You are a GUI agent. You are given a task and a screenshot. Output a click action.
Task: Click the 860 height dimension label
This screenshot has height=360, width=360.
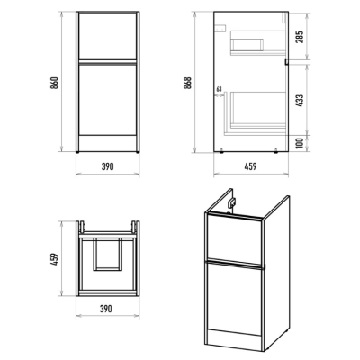click(x=54, y=83)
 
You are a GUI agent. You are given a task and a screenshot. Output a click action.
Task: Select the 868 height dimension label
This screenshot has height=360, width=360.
click(x=188, y=83)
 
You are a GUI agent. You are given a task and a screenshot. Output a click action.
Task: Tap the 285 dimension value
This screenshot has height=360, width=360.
click(x=300, y=37)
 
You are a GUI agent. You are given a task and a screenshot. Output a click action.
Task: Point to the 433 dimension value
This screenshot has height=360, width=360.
click(x=300, y=101)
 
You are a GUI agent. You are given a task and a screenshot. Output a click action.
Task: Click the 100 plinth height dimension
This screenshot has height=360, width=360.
click(x=300, y=144)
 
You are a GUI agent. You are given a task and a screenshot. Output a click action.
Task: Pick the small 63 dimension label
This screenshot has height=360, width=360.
click(x=219, y=89)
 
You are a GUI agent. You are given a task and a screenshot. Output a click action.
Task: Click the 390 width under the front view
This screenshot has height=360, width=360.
click(x=107, y=166)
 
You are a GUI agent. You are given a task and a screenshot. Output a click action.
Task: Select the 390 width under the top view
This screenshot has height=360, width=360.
click(x=105, y=309)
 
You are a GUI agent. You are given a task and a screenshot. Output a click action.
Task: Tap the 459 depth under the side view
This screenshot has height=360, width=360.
click(x=250, y=166)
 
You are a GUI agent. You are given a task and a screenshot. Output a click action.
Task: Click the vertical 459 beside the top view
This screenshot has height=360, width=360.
click(x=54, y=259)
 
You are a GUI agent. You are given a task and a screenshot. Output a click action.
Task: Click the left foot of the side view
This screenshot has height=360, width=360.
click(x=221, y=152)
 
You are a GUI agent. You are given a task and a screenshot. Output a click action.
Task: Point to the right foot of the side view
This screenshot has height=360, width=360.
click(x=276, y=152)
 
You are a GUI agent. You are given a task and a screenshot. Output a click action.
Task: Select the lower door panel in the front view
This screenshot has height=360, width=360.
click(x=108, y=99)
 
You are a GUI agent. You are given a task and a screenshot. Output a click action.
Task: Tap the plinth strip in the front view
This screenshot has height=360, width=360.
click(x=108, y=143)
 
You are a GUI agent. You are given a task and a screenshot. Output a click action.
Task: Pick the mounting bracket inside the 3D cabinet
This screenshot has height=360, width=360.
click(x=232, y=204)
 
